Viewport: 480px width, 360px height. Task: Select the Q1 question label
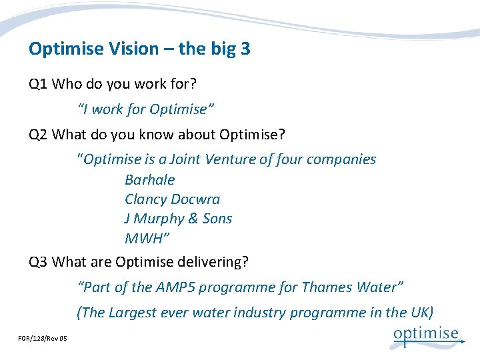point(38,85)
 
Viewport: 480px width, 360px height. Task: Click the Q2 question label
point(38,135)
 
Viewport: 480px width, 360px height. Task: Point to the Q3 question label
point(38,262)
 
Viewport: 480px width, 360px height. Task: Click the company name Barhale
point(149,180)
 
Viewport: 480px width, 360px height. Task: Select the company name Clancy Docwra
point(172,199)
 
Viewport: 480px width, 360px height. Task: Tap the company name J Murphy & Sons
point(178,219)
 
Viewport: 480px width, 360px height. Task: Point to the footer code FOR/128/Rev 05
point(43,339)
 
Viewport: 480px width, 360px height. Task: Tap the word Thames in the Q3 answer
point(327,287)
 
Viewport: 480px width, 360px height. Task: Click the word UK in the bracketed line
point(420,312)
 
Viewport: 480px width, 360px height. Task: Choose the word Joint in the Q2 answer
point(186,160)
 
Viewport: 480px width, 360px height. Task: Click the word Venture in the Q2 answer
point(229,160)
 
